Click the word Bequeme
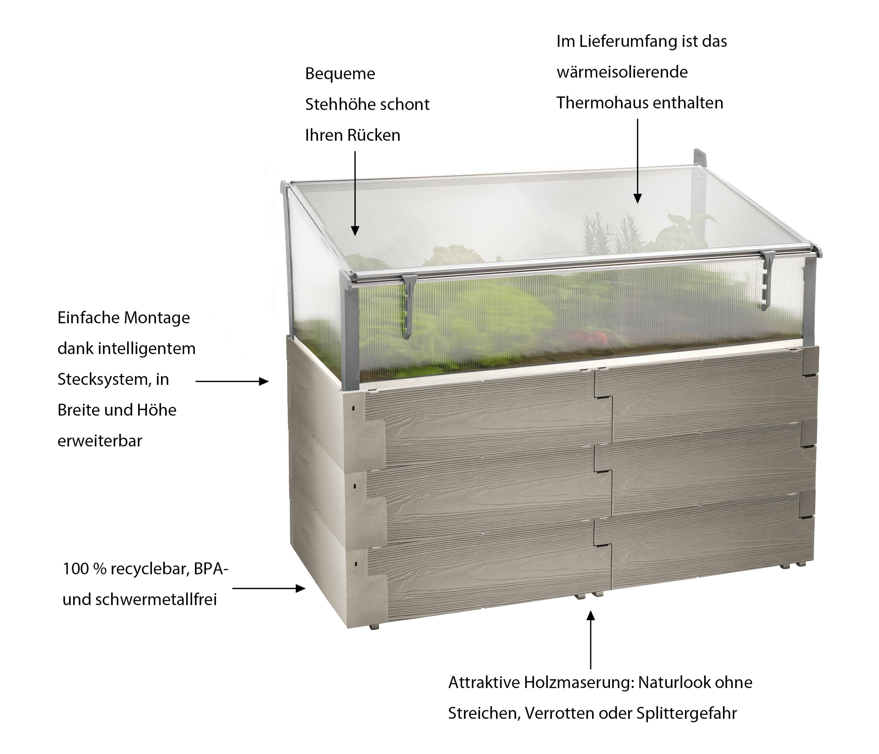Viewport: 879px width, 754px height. (x=340, y=74)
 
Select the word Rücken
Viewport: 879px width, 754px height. (x=374, y=135)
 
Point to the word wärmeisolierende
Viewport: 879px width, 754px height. (x=622, y=72)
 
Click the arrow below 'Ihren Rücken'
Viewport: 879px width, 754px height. (x=355, y=193)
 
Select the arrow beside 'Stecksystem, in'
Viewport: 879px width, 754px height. (x=232, y=381)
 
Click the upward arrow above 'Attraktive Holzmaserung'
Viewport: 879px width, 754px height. (x=591, y=640)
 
